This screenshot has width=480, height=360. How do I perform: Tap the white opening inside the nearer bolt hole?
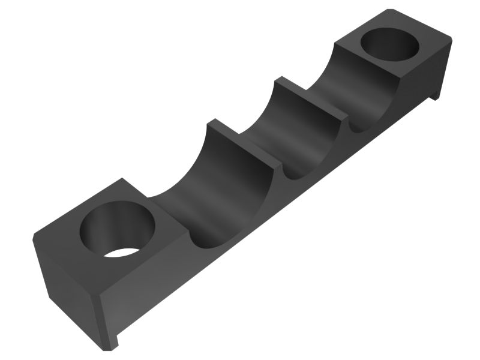[x=123, y=253]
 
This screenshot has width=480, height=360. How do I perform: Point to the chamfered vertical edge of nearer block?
[x=98, y=318]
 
